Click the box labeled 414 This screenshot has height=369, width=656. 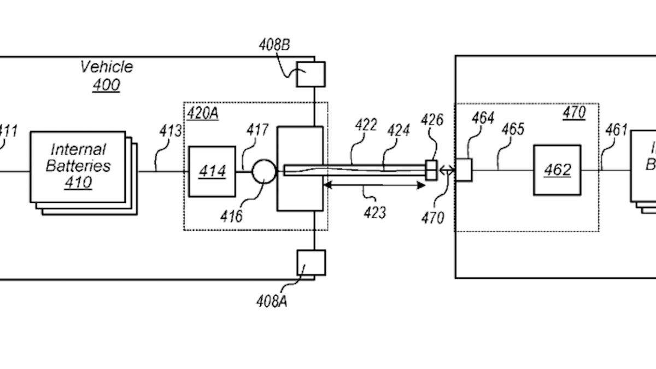click(212, 171)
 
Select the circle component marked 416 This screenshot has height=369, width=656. click(264, 171)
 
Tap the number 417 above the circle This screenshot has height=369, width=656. click(257, 130)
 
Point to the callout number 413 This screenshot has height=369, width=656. click(171, 131)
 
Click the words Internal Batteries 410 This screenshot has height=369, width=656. click(78, 166)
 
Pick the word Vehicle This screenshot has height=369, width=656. click(107, 67)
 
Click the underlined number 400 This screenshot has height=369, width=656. click(107, 85)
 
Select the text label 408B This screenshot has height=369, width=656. click(274, 45)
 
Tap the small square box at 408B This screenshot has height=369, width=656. click(311, 74)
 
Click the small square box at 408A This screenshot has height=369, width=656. click(311, 262)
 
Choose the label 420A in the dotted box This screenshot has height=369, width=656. click(203, 113)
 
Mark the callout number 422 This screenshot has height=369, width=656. click(365, 125)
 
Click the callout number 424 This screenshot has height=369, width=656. click(399, 131)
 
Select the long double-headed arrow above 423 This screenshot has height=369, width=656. click(374, 186)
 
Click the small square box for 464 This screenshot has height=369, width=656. click(464, 169)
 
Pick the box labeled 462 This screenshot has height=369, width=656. click(557, 170)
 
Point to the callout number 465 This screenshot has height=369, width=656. click(512, 129)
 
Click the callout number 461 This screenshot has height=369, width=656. click(616, 130)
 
